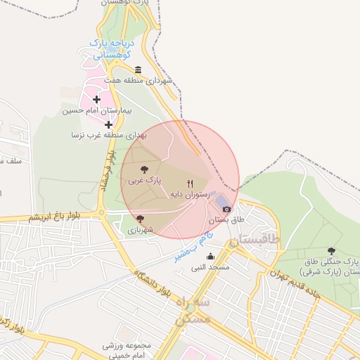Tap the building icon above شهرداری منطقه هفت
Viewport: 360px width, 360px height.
pyautogui.click(x=137, y=70)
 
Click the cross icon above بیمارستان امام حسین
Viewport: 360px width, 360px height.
pyautogui.click(x=96, y=99)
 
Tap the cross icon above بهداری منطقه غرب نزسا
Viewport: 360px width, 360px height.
pyautogui.click(x=108, y=124)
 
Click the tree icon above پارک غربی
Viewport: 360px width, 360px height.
pyautogui.click(x=144, y=169)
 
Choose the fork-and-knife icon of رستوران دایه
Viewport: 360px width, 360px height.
pyautogui.click(x=189, y=184)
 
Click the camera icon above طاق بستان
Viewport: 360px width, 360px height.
pyautogui.click(x=226, y=208)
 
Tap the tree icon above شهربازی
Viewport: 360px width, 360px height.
pyautogui.click(x=140, y=219)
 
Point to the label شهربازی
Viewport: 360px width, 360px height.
pyautogui.click(x=140, y=229)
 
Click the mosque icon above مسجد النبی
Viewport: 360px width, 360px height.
pyautogui.click(x=210, y=257)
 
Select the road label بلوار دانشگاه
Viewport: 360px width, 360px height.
pyautogui.click(x=151, y=280)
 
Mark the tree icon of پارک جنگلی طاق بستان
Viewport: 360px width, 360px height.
pyautogui.click(x=331, y=250)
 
